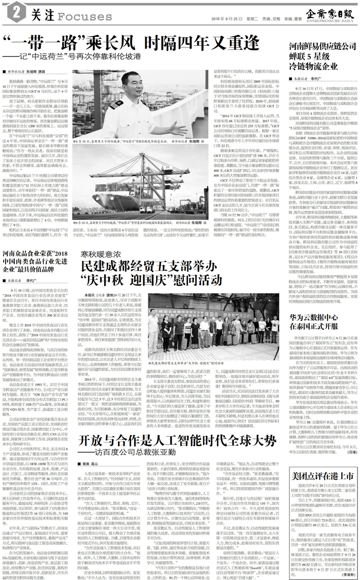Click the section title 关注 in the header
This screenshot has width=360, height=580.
[38, 16]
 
